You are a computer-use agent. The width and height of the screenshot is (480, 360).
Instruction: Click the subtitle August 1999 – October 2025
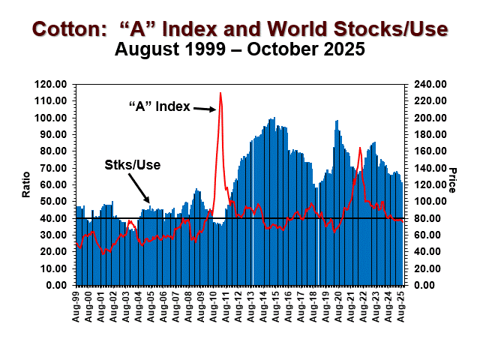tap(239, 50)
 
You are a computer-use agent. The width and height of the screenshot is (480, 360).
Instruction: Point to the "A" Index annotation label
tap(159, 105)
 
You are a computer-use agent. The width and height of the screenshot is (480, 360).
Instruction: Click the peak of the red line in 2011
tap(220, 93)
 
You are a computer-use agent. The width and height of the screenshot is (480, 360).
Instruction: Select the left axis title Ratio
tap(25, 184)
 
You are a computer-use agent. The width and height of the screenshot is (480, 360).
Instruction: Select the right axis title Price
tap(452, 180)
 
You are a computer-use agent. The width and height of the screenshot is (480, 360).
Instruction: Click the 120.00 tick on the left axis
tap(54, 84)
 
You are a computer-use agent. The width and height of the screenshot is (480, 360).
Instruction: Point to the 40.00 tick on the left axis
tap(56, 218)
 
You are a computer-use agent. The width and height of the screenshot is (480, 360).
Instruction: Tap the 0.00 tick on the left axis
tap(59, 285)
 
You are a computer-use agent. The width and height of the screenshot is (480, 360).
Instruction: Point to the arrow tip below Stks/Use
tap(148, 199)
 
